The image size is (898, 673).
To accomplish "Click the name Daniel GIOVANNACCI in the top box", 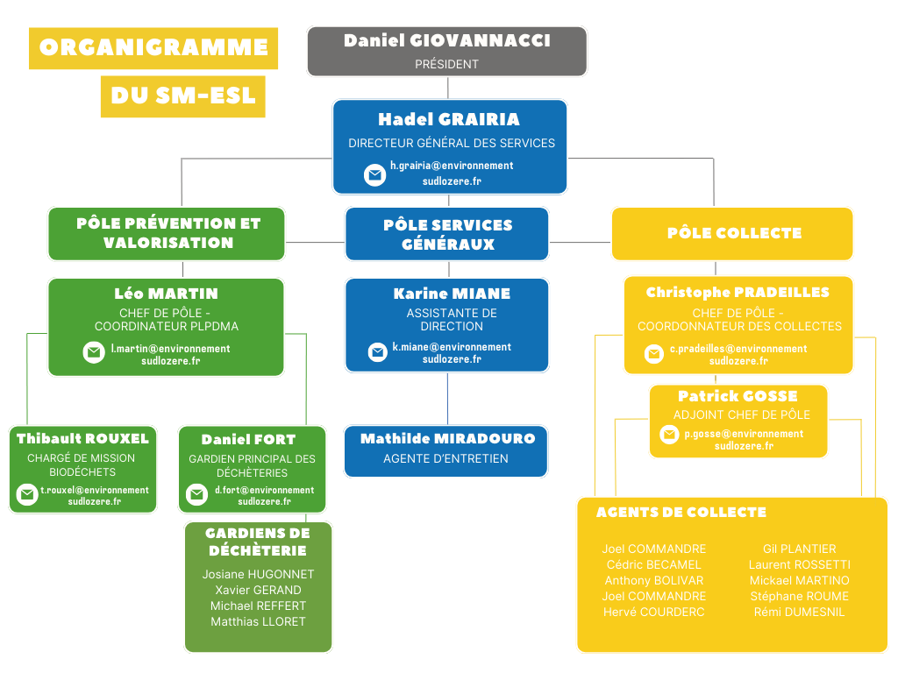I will click(446, 41).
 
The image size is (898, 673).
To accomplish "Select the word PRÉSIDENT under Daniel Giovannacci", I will click(446, 64).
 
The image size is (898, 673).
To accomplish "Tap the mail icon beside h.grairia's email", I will click(375, 174).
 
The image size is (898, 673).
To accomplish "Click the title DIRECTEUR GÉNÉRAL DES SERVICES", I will click(451, 143).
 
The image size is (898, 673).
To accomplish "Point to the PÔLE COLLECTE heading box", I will click(733, 233).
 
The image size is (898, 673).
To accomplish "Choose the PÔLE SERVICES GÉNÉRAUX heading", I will click(447, 234).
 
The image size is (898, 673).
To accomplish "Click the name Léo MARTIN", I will click(166, 294).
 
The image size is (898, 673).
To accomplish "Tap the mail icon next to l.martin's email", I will click(94, 352).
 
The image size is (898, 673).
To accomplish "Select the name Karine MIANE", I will click(451, 294).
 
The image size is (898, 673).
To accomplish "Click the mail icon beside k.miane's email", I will click(378, 352).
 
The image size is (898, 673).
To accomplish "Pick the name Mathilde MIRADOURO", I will click(447, 438).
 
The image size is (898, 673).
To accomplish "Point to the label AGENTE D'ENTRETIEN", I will click(445, 458).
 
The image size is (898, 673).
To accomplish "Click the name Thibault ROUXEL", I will click(82, 438).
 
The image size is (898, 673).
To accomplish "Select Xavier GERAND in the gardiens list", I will click(258, 590).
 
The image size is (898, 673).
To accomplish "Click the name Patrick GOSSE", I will click(738, 396).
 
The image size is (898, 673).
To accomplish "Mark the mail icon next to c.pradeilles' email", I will click(654, 354).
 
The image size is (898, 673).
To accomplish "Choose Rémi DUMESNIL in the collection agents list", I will click(799, 612).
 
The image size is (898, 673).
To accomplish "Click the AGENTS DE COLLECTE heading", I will click(681, 512).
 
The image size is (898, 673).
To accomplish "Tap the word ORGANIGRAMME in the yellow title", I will click(153, 47).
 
